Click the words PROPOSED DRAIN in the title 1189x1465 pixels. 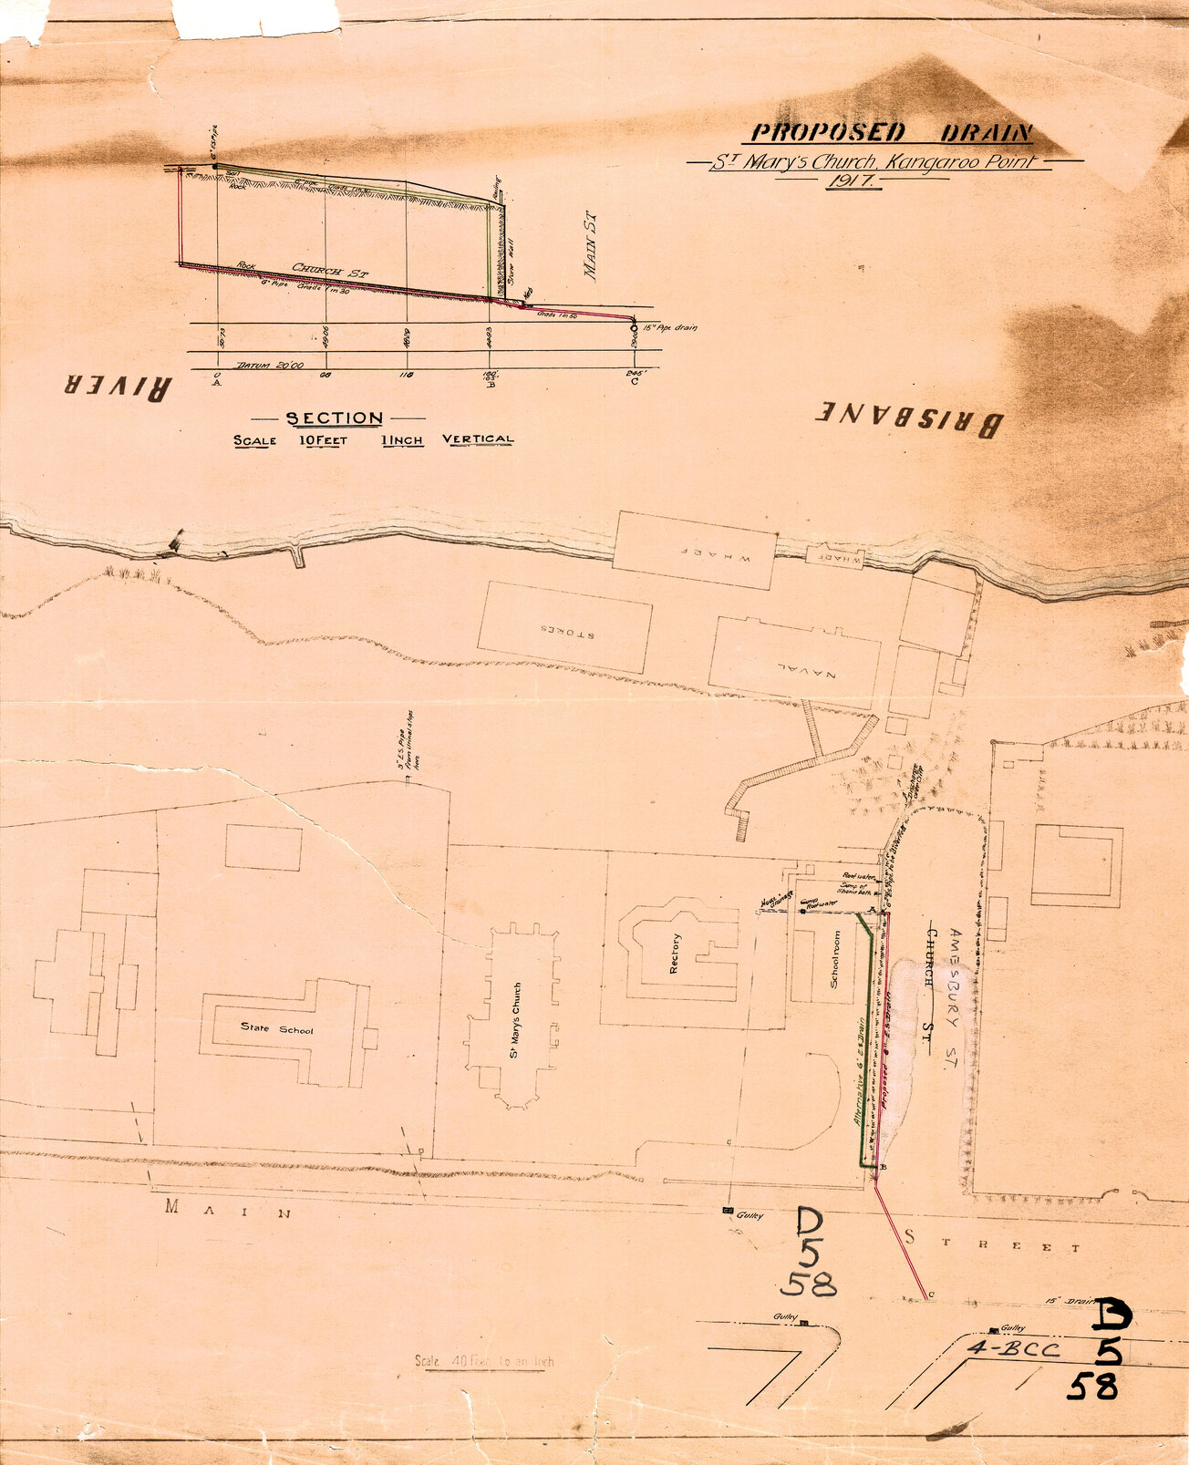click(x=891, y=133)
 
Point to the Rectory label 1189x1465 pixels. click(x=675, y=955)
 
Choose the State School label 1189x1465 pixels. click(x=276, y=1029)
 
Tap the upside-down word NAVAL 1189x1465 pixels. click(x=794, y=667)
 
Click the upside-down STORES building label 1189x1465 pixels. click(x=565, y=629)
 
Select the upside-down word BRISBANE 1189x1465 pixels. click(x=909, y=418)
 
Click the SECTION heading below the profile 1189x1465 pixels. click(x=335, y=418)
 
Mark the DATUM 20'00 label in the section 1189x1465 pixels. click(x=257, y=365)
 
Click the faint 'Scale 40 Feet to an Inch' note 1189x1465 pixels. click(x=484, y=1361)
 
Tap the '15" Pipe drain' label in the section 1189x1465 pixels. click(x=669, y=327)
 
